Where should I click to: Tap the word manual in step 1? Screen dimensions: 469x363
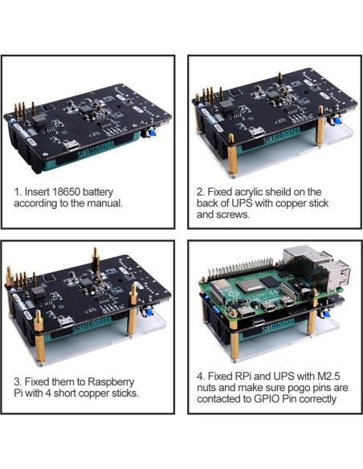point(104,204)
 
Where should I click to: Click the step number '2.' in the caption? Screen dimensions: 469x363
point(201,192)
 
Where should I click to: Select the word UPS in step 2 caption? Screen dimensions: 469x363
point(242,204)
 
